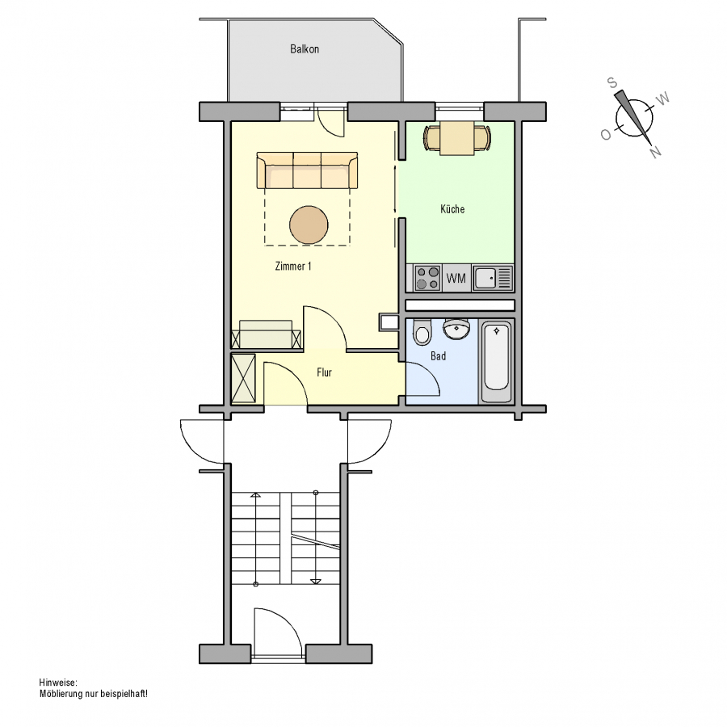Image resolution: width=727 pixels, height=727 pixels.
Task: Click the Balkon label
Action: (x=305, y=49)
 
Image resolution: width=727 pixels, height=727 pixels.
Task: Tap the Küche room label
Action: (x=452, y=209)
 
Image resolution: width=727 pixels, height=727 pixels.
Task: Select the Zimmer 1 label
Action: (x=293, y=266)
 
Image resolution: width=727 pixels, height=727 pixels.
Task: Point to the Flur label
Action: (x=324, y=372)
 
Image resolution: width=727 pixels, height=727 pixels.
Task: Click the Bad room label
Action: (x=438, y=356)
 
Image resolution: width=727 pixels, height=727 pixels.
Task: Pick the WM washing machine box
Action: (x=456, y=278)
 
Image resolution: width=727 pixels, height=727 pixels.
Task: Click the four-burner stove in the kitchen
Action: (x=427, y=278)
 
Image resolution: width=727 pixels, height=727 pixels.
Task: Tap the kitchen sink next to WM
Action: (x=493, y=278)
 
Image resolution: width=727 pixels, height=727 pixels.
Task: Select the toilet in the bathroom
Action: (x=422, y=331)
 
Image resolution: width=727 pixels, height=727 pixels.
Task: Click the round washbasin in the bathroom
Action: (x=456, y=329)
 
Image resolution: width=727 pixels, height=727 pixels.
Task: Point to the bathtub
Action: (x=496, y=362)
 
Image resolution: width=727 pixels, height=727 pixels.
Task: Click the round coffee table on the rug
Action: (x=309, y=225)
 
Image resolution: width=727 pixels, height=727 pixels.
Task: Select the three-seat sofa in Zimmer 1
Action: (x=307, y=170)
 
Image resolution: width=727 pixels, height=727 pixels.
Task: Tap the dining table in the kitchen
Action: (x=457, y=137)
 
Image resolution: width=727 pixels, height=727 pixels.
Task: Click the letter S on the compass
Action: (x=612, y=83)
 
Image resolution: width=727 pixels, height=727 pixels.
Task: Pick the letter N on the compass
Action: (x=656, y=152)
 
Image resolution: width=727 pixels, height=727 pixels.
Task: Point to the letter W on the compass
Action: (x=663, y=99)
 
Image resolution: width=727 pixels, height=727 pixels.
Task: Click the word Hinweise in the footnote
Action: (x=58, y=683)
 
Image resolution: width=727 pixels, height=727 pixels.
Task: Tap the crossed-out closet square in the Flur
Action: (x=243, y=378)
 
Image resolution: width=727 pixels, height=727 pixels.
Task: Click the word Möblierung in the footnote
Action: (x=61, y=694)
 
